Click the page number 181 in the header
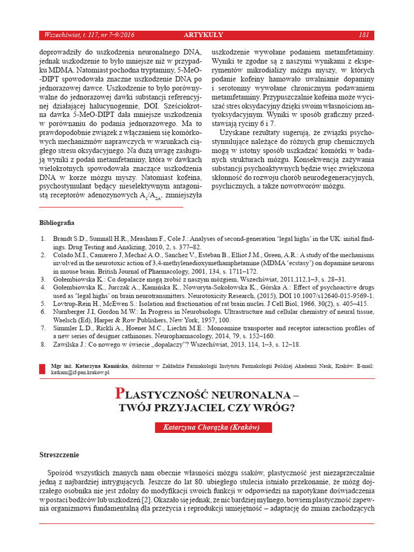pos(363,36)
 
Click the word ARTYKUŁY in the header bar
pos(203,36)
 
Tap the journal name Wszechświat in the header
pos(61,36)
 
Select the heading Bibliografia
pos(57,223)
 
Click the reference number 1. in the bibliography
pos(43,238)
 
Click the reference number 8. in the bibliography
pos(43,344)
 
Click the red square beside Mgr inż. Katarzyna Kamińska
pos(43,369)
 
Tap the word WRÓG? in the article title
pos(276,408)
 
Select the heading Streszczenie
pos(59,454)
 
